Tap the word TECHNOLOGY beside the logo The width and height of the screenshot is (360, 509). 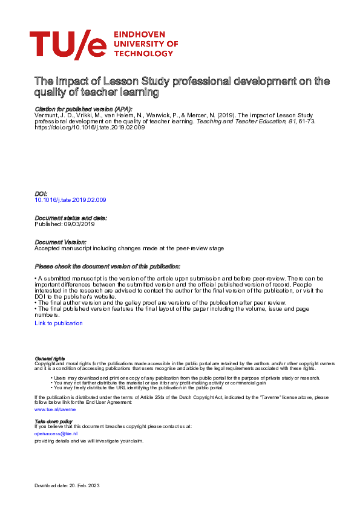coord(143,53)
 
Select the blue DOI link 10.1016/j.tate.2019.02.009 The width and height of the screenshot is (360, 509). coord(71,199)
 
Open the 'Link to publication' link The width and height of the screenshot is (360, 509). coord(59,323)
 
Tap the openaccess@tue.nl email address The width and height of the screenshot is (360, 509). coord(56,433)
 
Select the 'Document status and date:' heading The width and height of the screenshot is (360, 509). coord(71,218)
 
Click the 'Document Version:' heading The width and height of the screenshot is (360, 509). coord(61,242)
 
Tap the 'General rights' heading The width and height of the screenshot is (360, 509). coord(50,358)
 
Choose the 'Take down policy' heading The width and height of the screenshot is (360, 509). coord(53,421)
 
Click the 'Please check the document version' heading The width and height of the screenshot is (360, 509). coord(107,266)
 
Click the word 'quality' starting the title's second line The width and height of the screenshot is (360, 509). coord(50,92)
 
